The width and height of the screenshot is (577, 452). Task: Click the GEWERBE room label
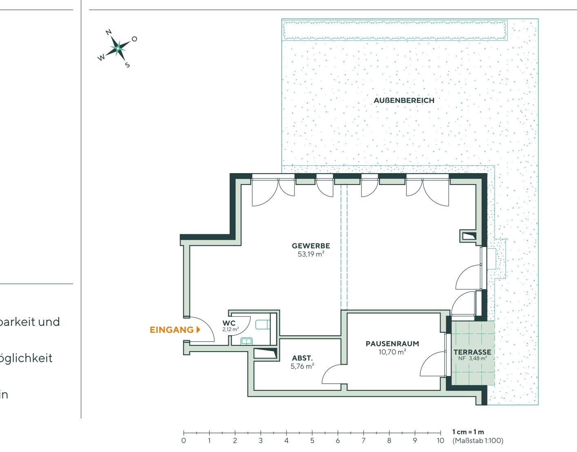pos(310,246)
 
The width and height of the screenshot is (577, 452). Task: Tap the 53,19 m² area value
pos(311,254)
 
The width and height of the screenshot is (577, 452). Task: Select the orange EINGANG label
pos(172,330)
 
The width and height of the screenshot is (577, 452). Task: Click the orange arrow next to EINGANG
pos(198,330)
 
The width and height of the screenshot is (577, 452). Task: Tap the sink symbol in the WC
pos(246,341)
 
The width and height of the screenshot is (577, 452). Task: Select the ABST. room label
pos(302,358)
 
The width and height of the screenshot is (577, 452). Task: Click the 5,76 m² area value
pos(302,366)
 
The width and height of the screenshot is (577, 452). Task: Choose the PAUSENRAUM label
pos(392,343)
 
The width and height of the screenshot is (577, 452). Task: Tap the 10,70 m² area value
pos(392,352)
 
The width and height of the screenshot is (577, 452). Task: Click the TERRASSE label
pos(472,352)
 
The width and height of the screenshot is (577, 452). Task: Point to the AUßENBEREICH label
pos(404,100)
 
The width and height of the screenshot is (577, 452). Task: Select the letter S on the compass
pos(127,64)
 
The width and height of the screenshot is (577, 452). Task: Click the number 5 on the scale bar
pos(312,441)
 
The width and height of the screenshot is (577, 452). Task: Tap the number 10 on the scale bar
pos(440,441)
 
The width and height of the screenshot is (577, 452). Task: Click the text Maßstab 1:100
pos(478,441)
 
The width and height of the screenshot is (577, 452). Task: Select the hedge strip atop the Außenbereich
pos(394,30)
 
